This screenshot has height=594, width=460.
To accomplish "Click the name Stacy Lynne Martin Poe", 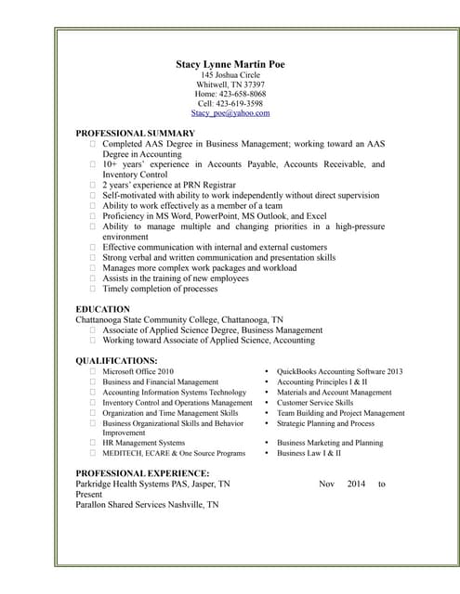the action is click(230, 63).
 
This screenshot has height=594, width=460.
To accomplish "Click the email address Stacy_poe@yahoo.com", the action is click(230, 113).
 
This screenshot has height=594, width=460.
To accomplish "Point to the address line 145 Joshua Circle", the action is click(230, 74).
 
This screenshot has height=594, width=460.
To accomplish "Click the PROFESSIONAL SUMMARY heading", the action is click(135, 134).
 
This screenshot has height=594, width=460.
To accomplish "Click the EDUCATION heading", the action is click(102, 309).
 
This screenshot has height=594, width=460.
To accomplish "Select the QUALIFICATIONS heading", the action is click(116, 360).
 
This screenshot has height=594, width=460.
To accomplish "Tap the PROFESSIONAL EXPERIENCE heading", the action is click(136, 473).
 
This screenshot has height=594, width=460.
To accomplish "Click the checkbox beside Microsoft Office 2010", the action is click(93, 371).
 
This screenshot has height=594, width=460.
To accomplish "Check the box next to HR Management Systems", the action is click(93, 443).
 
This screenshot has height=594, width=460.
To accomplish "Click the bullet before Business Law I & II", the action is click(267, 453).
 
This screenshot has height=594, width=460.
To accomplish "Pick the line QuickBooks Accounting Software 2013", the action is click(339, 371).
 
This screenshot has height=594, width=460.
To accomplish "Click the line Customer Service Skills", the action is click(314, 403).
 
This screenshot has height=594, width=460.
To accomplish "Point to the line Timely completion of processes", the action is click(160, 289).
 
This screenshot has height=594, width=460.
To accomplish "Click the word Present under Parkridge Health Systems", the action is click(89, 495).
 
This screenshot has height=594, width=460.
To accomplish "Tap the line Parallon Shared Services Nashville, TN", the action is click(147, 505).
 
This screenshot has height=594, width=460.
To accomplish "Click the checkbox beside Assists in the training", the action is click(93, 278).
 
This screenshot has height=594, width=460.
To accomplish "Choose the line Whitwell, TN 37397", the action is click(230, 84).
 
